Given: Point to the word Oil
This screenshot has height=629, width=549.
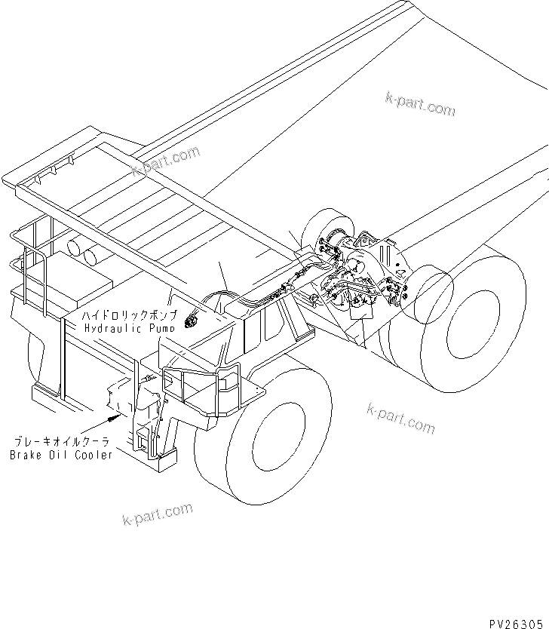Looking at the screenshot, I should coord(62,455).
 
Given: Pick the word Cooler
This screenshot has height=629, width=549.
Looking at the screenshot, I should coord(94,455).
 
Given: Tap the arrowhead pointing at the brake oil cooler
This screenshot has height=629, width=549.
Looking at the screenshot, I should coord(114,414).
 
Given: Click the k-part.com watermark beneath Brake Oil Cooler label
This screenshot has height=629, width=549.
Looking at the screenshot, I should coord(157,514).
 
